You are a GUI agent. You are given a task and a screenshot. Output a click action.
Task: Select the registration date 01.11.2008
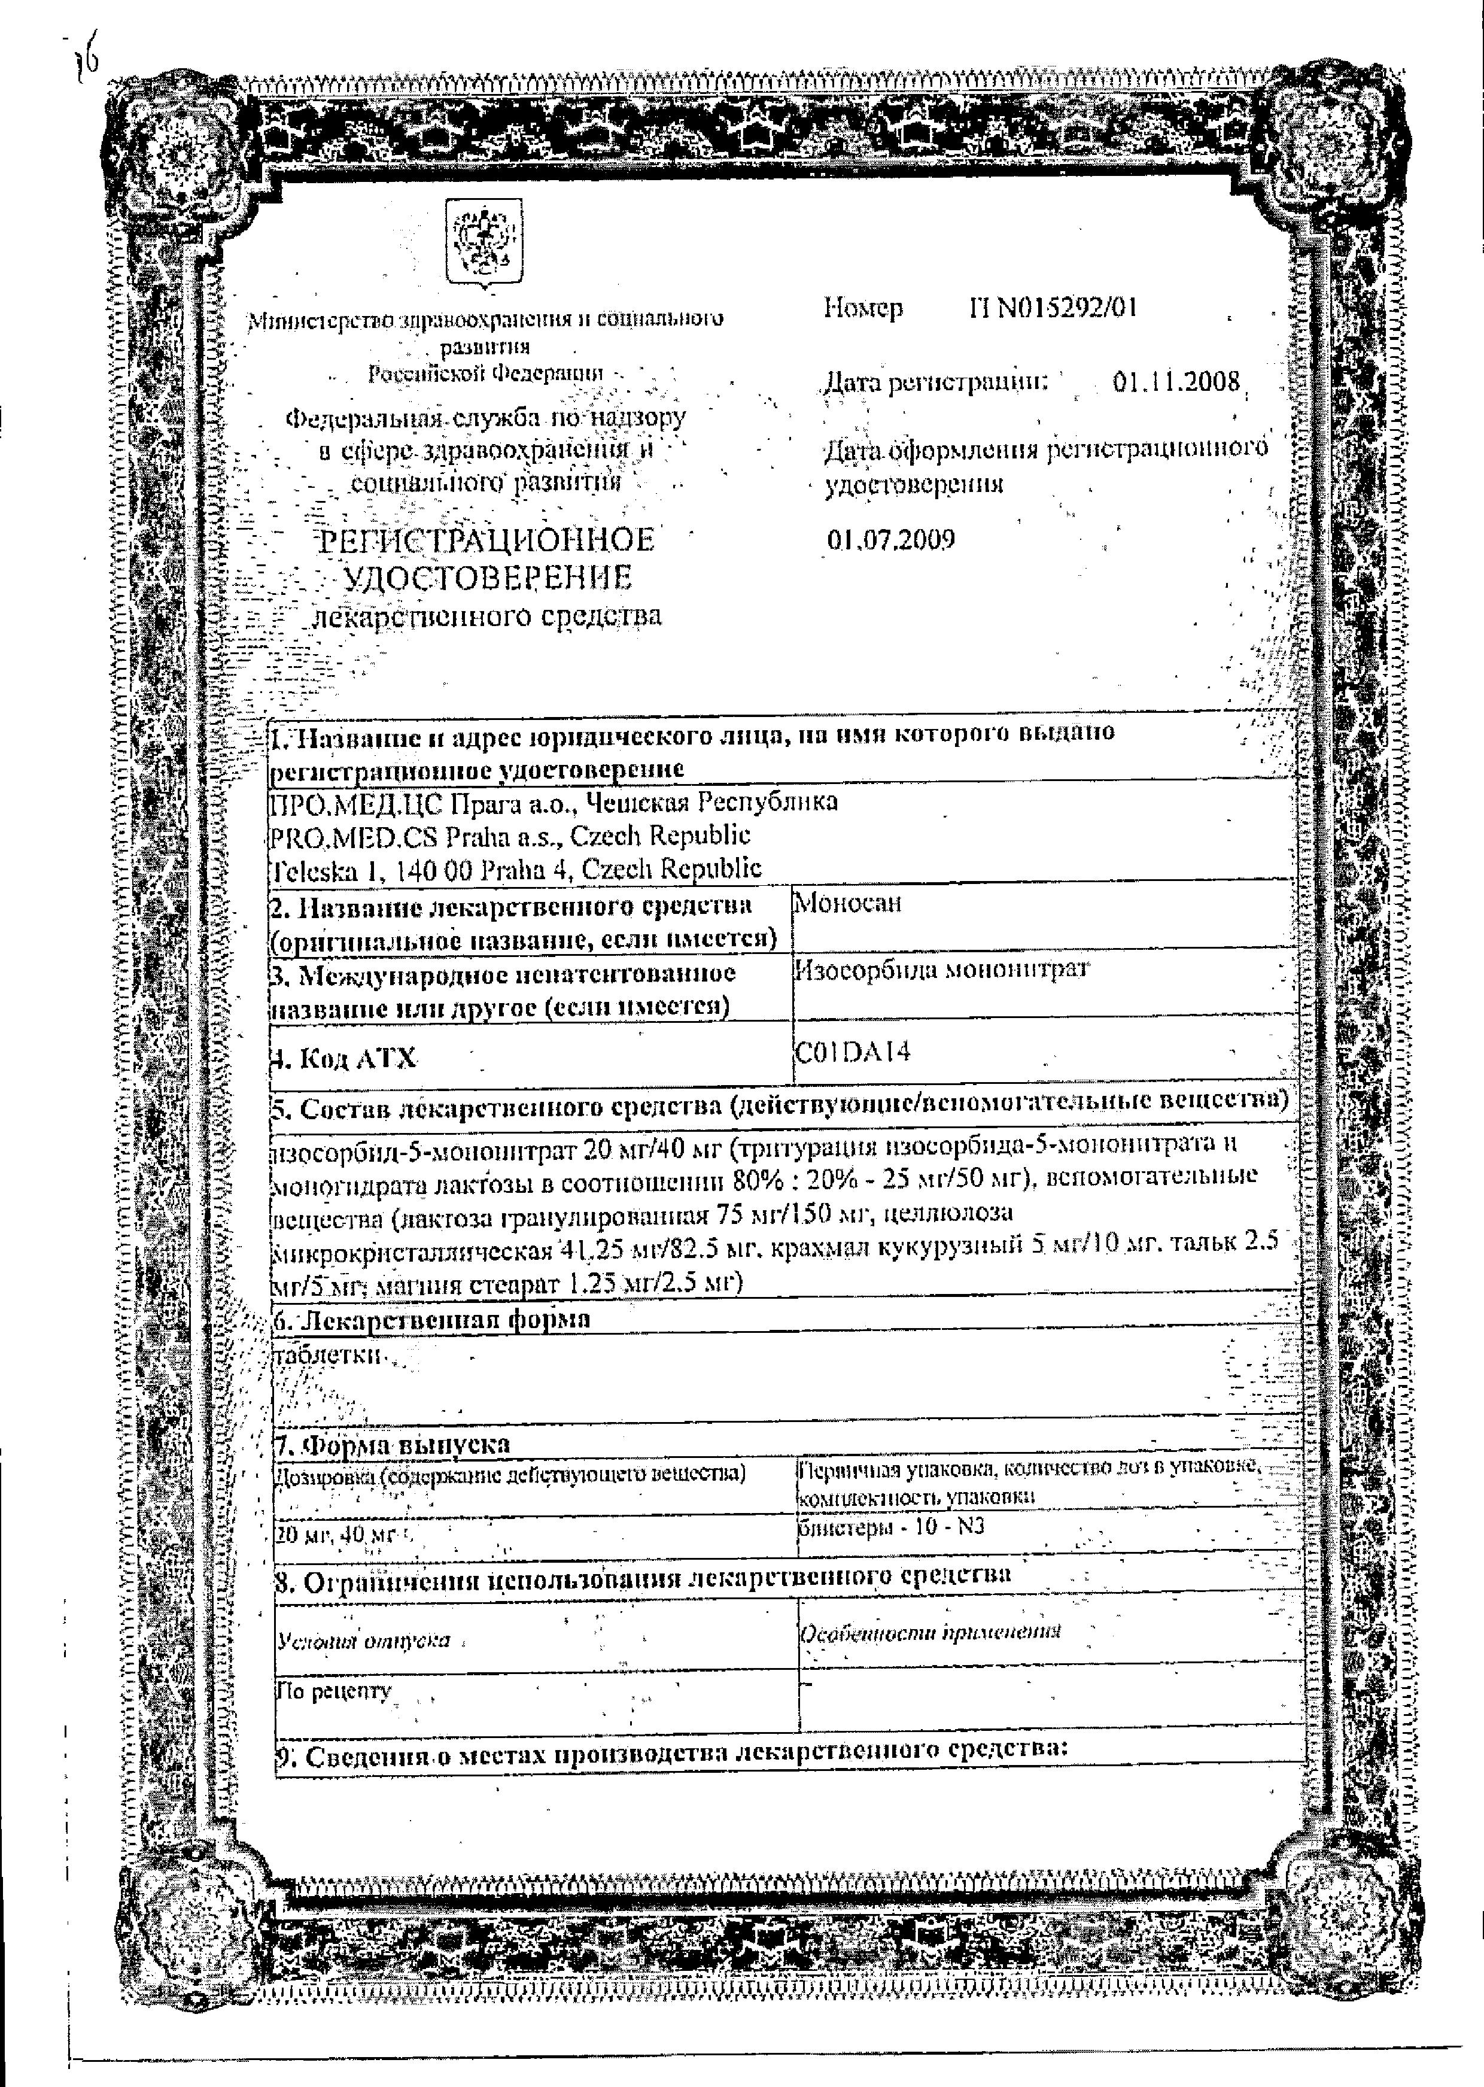(x=1176, y=382)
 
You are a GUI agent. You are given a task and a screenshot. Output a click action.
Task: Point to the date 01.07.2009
(x=891, y=539)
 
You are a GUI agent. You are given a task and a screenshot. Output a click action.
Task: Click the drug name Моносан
(x=848, y=903)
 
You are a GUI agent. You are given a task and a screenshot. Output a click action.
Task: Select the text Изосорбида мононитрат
(x=941, y=970)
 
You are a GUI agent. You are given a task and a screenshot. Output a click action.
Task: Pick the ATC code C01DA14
(x=853, y=1052)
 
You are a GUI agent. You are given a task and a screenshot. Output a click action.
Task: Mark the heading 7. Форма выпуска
(x=393, y=1445)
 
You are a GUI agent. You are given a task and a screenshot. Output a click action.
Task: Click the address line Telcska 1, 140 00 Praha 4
(x=516, y=868)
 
